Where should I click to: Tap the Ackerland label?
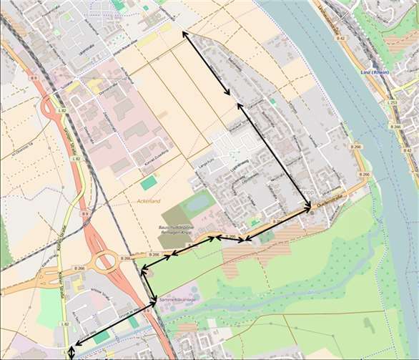[149, 201]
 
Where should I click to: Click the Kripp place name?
[308, 192]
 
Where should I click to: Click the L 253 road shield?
[393, 103]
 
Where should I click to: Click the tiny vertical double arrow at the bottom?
[71, 352]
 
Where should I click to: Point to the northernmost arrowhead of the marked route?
[185, 33]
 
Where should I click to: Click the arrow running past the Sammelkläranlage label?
[149, 285]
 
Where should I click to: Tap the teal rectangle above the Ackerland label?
[148, 183]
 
